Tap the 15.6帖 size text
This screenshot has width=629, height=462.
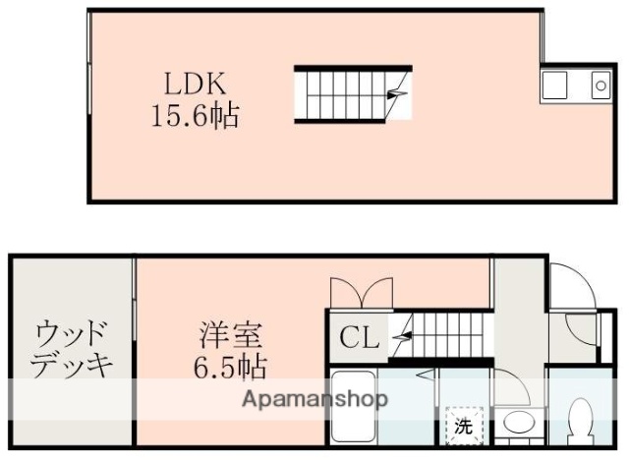click(194, 117)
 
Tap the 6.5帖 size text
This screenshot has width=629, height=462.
click(228, 369)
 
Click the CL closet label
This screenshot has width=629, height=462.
click(359, 340)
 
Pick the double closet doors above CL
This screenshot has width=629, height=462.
click(363, 292)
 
